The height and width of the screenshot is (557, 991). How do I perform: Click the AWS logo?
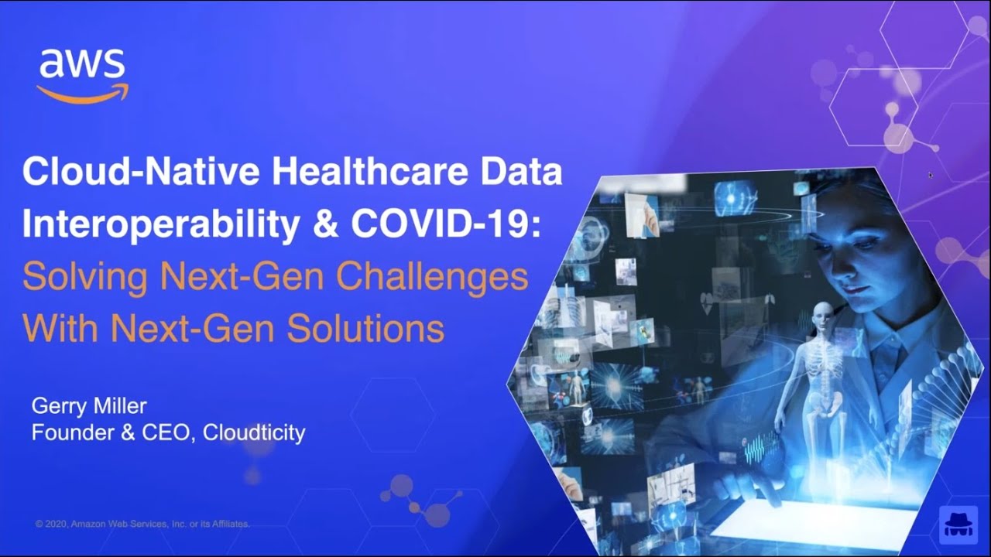point(82,73)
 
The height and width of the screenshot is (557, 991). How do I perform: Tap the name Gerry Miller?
point(88,406)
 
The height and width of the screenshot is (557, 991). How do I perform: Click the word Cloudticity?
point(254,432)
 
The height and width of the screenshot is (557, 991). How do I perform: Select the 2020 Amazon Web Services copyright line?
point(142,524)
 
